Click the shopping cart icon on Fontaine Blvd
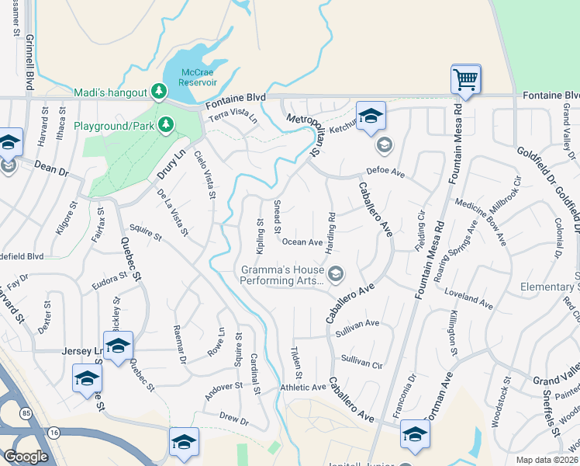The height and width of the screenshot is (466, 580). point(465,78)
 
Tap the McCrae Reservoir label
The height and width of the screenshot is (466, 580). point(198,76)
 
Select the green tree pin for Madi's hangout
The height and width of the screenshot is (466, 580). point(159,92)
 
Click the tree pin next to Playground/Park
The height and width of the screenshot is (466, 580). point(165,125)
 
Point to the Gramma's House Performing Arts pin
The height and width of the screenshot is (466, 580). point(336,273)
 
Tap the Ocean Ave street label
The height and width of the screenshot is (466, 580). point(302,242)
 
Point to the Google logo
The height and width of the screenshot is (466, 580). point(25,456)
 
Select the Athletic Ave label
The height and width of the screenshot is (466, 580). point(303,387)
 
